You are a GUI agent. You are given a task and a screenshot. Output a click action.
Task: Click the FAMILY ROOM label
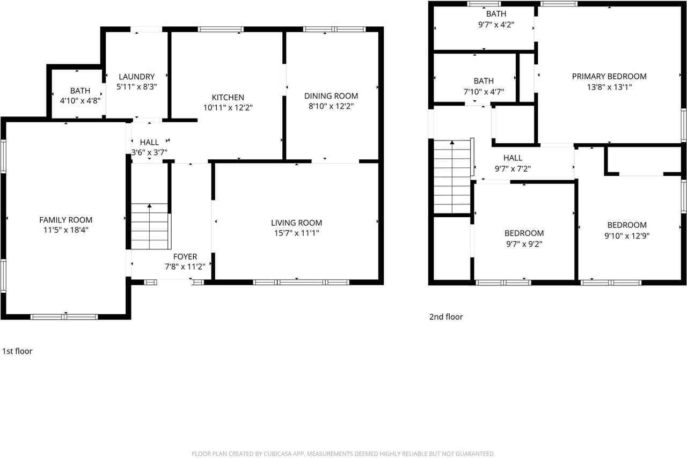coord(65,220)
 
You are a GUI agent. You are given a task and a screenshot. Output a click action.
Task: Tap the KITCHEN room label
coord(228,97)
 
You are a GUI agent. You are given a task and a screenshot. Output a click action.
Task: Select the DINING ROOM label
coord(331,96)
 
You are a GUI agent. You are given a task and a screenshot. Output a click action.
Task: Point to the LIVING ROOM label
coord(296,223)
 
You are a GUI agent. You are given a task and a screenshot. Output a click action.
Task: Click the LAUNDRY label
coord(136,77)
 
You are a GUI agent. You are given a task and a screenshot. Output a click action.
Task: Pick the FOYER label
coord(185,257)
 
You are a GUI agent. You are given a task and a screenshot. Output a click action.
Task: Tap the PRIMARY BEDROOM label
coord(609,76)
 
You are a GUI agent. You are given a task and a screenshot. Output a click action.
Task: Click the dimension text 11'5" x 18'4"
coord(65,230)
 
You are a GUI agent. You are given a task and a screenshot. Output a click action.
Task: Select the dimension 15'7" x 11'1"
coord(296,233)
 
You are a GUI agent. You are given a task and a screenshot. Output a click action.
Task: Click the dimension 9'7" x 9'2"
coord(524,243)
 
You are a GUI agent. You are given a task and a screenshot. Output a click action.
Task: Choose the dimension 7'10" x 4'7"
coord(483,91)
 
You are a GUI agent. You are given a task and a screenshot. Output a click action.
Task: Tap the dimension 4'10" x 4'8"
coord(80,101)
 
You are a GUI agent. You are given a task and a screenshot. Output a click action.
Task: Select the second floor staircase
coord(452,177)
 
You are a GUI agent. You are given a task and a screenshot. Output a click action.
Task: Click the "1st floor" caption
coord(17,351)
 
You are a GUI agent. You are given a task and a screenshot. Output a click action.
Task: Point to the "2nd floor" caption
coord(445,317)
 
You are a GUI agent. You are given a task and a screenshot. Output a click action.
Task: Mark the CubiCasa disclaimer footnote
coord(343,454)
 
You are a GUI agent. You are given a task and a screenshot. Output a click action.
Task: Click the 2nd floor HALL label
coord(513,158)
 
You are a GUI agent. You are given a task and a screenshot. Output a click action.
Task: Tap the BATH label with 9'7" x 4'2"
coord(495,14)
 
